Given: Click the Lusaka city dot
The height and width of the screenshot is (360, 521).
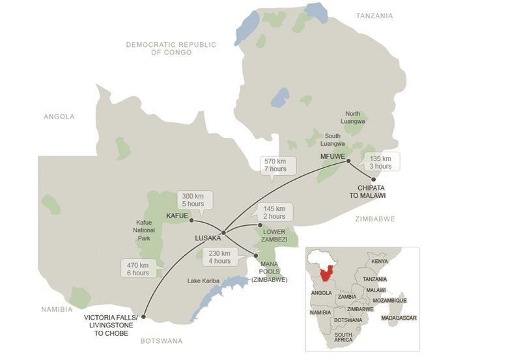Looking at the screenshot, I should point(223,232).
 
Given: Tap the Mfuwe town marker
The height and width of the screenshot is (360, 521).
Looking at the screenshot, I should point(348,161).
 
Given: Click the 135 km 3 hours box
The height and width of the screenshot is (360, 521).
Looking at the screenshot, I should point(381,162).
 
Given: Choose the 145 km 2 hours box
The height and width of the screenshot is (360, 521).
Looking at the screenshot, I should point(274,212).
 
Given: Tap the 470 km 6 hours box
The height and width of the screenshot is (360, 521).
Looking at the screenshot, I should point(138,268).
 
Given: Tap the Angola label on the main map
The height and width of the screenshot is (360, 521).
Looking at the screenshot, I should point(59,117).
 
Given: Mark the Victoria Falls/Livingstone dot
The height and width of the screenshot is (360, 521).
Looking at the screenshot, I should point(144,318).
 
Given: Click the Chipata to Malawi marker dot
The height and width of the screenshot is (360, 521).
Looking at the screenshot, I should point(373,178).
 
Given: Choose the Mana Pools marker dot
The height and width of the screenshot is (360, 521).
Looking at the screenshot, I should point(255,256).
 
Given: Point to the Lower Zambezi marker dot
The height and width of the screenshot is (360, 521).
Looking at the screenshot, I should point(260,225).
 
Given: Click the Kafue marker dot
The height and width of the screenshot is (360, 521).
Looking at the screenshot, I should point(191,220).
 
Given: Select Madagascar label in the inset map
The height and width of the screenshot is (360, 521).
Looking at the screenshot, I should point(399,318).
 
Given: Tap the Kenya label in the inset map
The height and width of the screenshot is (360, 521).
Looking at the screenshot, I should point(379,262).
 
